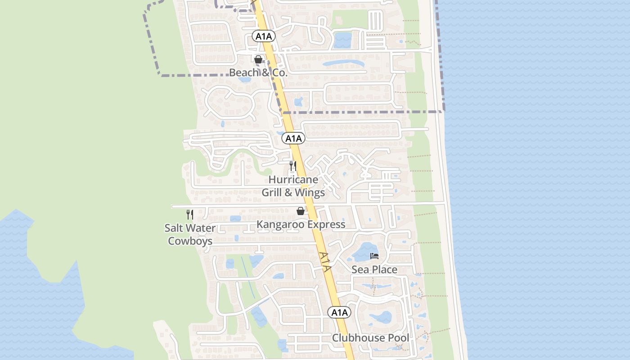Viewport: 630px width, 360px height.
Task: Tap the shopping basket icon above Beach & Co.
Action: [x=258, y=59]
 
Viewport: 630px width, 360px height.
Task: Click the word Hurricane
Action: [x=293, y=180]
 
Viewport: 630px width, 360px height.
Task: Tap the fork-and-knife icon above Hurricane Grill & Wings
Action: [x=293, y=166]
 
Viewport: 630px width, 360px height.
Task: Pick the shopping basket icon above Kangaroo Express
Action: [x=301, y=211]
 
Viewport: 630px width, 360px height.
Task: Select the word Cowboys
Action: [x=190, y=241]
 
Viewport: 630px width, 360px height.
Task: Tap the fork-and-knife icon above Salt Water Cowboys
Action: [x=190, y=215]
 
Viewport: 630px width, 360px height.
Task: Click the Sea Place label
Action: [x=374, y=270]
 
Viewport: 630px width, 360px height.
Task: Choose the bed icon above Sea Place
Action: [x=374, y=256]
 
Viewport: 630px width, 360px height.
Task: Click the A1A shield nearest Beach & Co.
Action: [x=263, y=36]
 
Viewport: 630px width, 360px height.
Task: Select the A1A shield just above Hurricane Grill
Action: [x=293, y=139]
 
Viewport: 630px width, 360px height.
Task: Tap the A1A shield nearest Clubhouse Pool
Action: [x=339, y=312]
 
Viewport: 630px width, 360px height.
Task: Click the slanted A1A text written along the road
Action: [x=325, y=262]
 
